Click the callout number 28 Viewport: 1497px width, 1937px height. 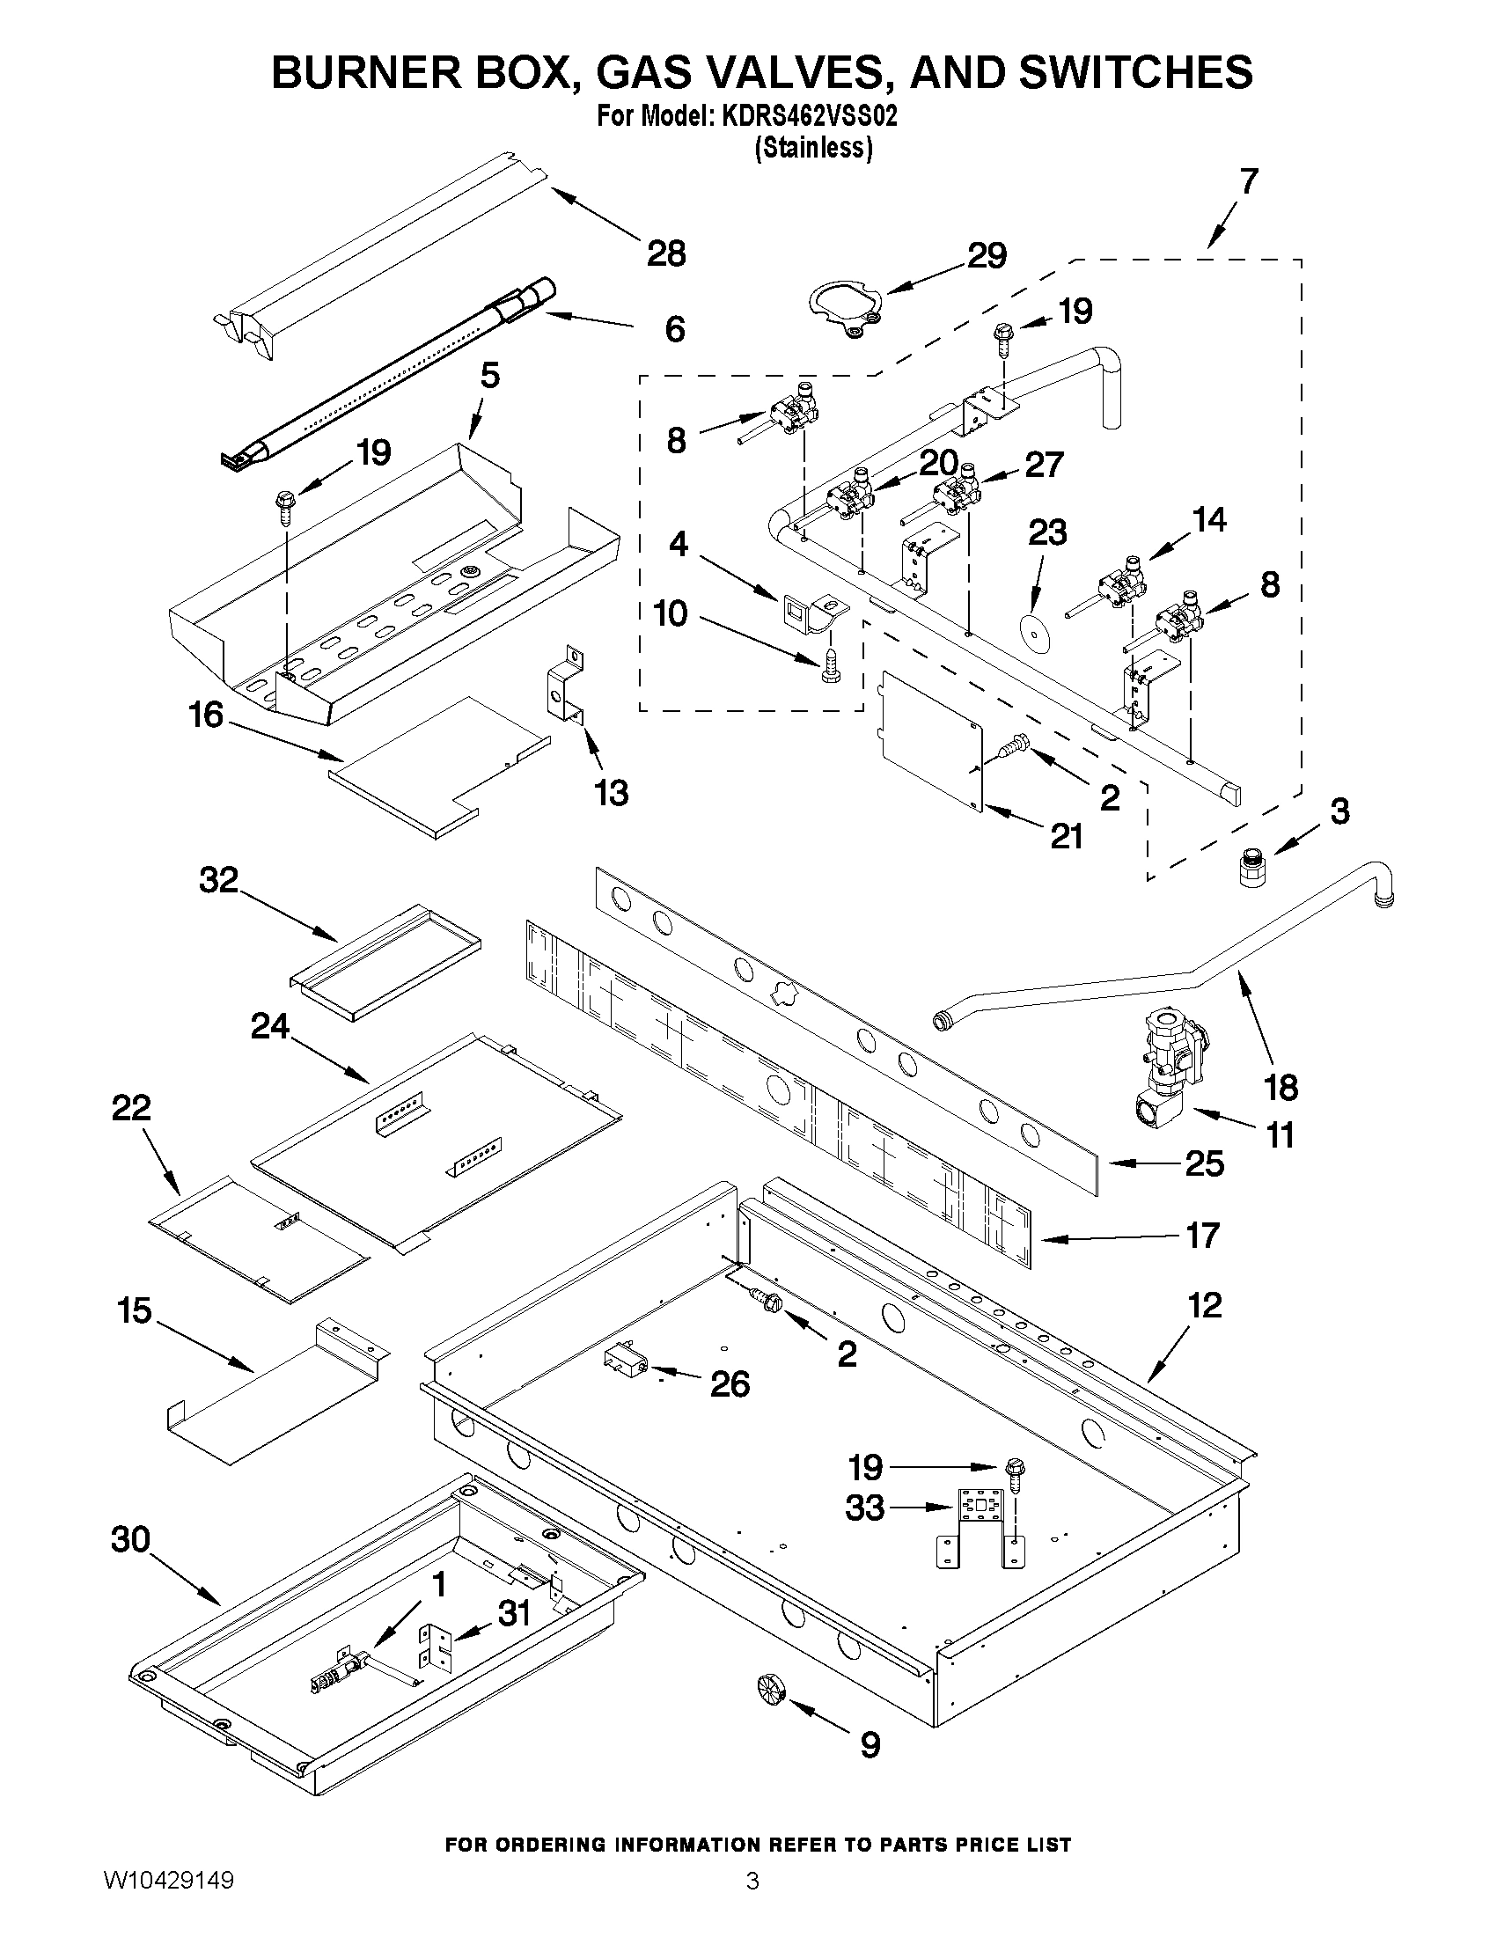[x=666, y=254]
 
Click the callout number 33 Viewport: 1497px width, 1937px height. [x=865, y=1507]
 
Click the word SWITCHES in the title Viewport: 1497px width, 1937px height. [x=1134, y=71]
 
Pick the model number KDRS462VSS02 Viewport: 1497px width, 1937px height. [x=805, y=117]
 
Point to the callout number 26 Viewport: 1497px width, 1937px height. [x=730, y=1383]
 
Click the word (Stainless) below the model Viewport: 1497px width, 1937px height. [x=812, y=147]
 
